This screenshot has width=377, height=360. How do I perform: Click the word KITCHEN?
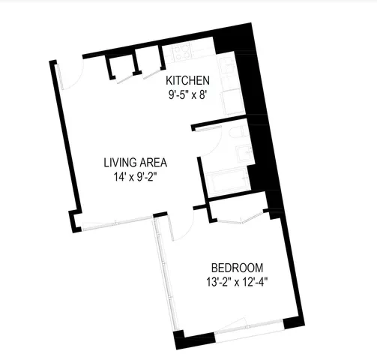pyautogui.click(x=187, y=81)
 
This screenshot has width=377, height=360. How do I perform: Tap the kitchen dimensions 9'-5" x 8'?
pyautogui.click(x=187, y=95)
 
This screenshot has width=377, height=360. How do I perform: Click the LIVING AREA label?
pyautogui.click(x=135, y=162)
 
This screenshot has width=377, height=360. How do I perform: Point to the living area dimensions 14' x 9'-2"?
pyautogui.click(x=135, y=177)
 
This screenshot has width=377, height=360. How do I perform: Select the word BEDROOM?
pyautogui.click(x=237, y=268)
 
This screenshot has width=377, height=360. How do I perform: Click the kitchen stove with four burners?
pyautogui.click(x=182, y=53)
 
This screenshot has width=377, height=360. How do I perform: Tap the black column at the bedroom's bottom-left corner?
pyautogui.click(x=180, y=341)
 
